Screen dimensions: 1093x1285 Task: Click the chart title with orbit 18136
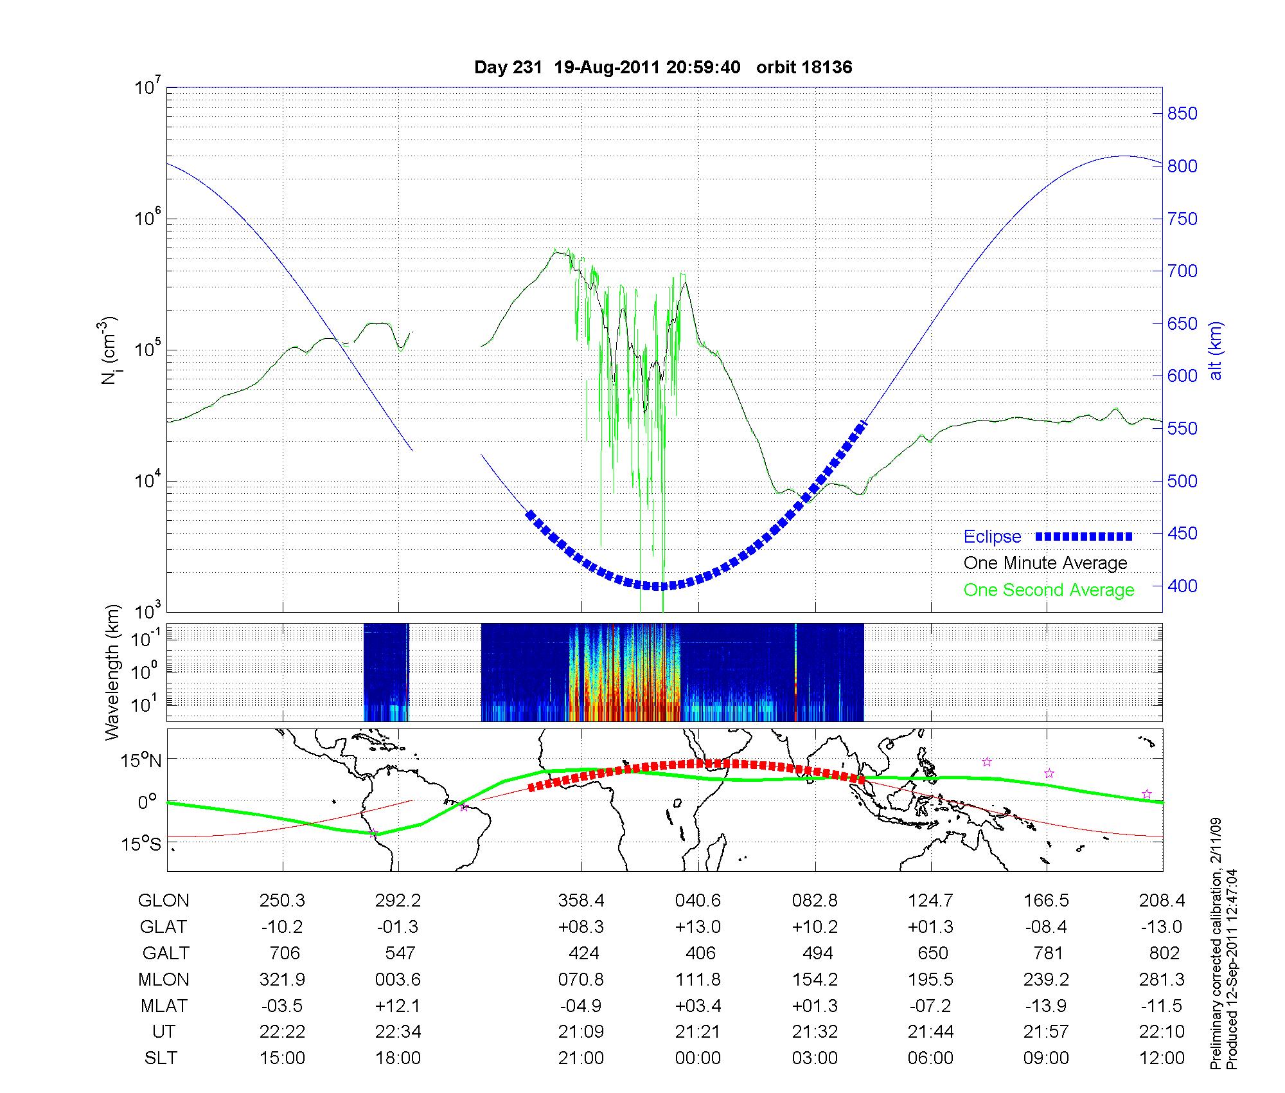(663, 68)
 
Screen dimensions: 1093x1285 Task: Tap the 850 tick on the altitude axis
(1182, 114)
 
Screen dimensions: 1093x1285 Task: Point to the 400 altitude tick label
(1182, 586)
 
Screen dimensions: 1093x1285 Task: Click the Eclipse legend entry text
(992, 537)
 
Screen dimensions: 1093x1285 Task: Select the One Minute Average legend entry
(1045, 563)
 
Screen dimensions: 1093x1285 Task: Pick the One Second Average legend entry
(1049, 590)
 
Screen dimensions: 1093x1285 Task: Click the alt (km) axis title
(1216, 350)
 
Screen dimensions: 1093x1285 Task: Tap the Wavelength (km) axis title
(113, 672)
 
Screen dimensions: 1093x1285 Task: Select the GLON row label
(163, 901)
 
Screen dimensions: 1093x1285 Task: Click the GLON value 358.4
(581, 901)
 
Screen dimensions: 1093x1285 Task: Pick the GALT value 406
(700, 953)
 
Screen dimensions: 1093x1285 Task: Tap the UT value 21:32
(815, 1032)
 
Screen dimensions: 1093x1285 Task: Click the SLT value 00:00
(698, 1058)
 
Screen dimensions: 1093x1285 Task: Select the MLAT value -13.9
(1046, 1006)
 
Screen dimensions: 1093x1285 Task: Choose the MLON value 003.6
(398, 979)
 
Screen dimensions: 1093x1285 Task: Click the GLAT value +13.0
(698, 927)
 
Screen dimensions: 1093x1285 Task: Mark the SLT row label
(161, 1058)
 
